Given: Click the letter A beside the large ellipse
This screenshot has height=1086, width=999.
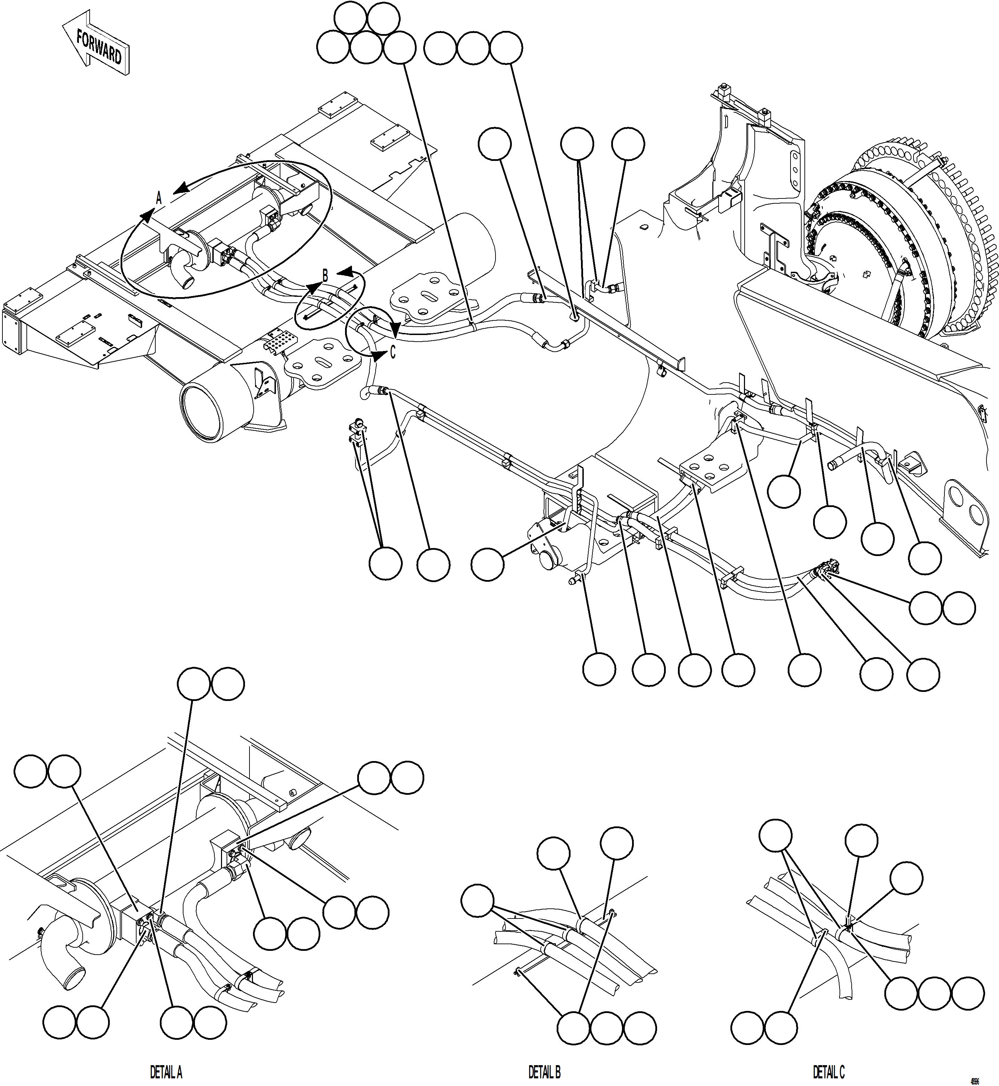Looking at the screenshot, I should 159,198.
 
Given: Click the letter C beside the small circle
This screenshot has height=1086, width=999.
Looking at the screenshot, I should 393,352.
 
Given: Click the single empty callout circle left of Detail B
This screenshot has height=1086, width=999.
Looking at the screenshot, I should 477,900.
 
